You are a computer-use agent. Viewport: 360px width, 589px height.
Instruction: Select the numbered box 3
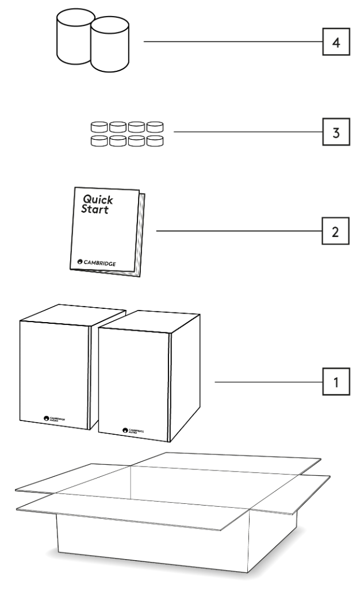pos(335,132)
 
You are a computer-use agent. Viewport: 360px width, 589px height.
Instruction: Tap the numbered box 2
pos(335,232)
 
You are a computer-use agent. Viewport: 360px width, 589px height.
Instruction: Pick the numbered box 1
pos(335,381)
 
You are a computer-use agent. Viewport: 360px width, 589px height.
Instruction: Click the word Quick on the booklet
pos(98,200)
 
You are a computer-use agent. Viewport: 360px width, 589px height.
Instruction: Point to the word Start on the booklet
pos(95,209)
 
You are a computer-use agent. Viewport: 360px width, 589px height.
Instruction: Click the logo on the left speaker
pos(54,419)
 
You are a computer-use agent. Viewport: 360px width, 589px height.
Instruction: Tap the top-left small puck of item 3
pos(99,126)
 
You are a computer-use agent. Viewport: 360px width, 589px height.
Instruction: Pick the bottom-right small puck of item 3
pos(155,140)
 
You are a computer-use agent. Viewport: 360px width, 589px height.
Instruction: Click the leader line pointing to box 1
pos(267,381)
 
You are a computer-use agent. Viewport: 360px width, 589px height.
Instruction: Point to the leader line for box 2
pos(238,232)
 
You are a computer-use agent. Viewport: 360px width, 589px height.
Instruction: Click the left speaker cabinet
pos(54,374)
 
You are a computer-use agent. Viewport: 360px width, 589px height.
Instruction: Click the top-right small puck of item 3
pos(155,126)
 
